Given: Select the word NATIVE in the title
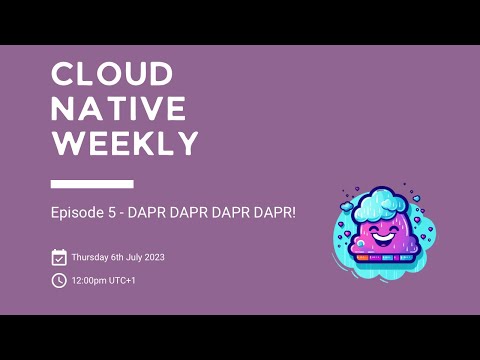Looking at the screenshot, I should coord(118,108).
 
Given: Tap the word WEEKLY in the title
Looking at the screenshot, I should coord(125,143).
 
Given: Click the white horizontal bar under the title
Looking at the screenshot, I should coord(92,184).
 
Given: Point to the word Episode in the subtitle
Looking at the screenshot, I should coord(77,215).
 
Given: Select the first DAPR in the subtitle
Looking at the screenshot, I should coord(146,215).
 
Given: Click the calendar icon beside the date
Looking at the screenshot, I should coord(59,257).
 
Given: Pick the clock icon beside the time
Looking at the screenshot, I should coord(59,280).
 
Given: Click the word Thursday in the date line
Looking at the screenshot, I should coord(91,258).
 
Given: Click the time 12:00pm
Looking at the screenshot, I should coord(89,281).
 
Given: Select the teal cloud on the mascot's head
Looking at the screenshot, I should coord(385,203).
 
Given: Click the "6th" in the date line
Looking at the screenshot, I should coord(120,258).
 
